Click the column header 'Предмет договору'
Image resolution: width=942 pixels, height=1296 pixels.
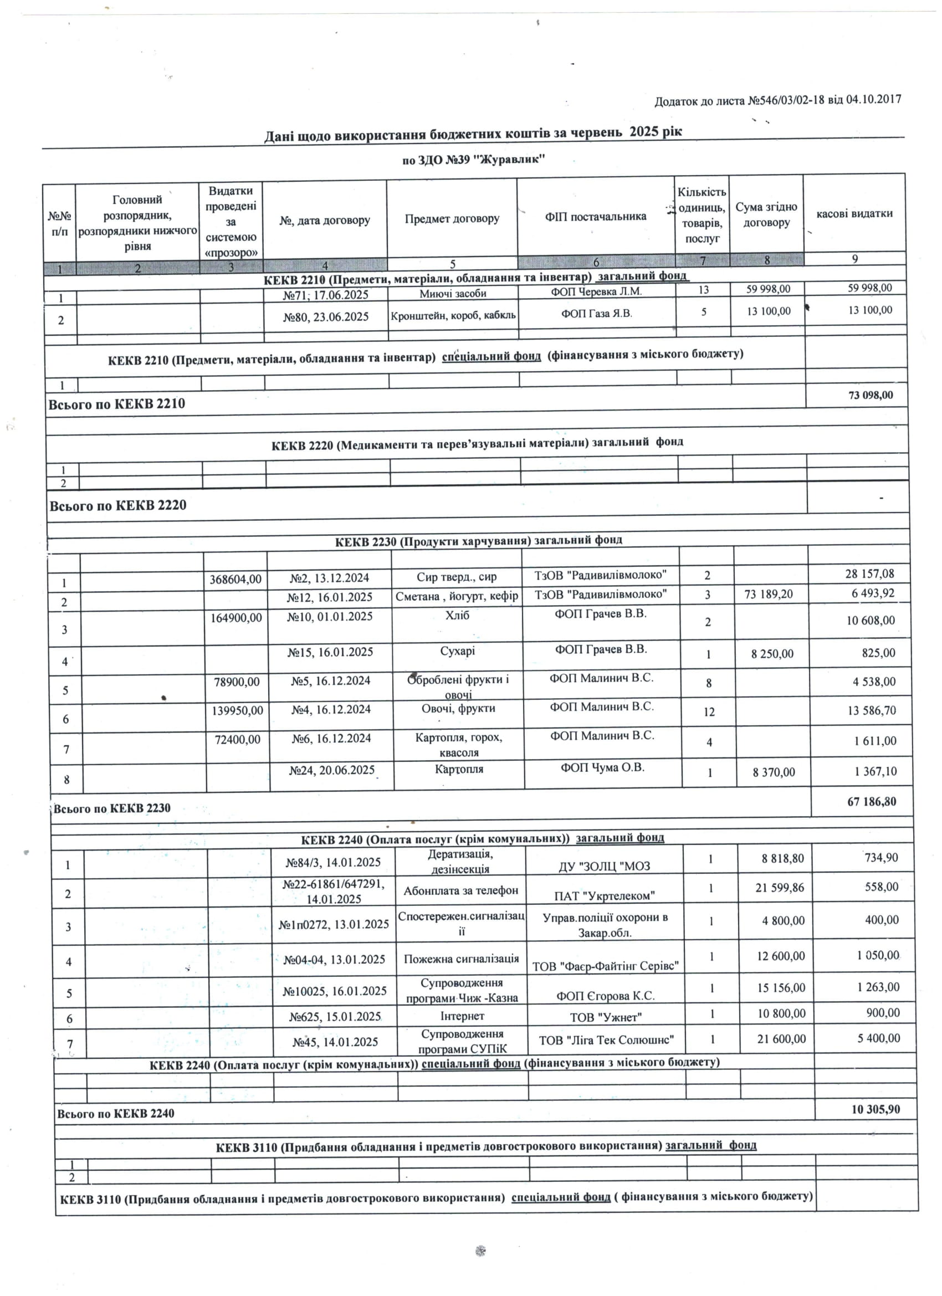(452, 218)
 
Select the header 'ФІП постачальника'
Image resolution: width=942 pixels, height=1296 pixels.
(595, 216)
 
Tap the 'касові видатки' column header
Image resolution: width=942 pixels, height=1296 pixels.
(854, 213)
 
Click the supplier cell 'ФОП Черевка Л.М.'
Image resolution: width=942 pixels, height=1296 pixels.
(596, 291)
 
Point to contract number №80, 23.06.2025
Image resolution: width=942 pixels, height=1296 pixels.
(326, 316)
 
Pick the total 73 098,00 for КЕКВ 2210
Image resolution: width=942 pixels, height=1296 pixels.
(871, 396)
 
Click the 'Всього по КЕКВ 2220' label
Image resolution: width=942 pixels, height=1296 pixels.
(117, 505)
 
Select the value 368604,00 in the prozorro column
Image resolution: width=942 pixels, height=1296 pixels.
(235, 579)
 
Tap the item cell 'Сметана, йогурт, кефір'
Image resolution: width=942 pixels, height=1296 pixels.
(457, 596)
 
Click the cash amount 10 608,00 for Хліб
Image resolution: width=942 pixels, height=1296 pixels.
(871, 621)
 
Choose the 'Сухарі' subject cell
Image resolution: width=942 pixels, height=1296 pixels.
(457, 651)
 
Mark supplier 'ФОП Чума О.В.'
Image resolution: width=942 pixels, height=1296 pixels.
(602, 767)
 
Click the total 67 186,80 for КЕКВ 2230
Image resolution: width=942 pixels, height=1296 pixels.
(872, 801)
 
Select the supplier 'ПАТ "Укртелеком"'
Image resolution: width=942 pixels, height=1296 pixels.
(604, 895)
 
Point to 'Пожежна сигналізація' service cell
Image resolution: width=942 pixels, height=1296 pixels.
(461, 958)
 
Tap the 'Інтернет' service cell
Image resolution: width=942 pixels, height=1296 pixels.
(462, 1016)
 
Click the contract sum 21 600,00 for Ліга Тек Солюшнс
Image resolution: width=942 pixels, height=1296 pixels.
(781, 1038)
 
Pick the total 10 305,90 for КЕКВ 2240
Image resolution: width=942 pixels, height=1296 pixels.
(875, 1109)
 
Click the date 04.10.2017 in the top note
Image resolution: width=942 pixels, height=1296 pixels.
(873, 99)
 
